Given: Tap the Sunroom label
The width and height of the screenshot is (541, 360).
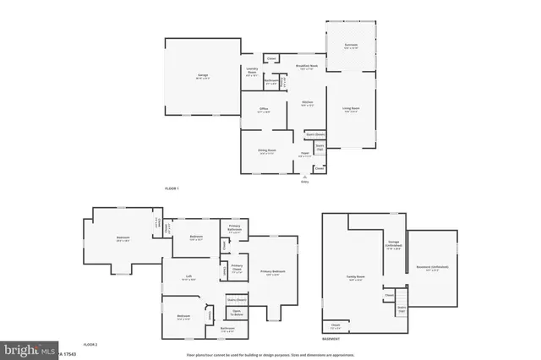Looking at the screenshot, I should [x=351, y=46].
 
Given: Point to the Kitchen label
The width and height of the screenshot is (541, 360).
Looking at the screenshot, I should [x=308, y=104].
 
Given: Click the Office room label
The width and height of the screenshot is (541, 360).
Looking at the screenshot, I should [x=264, y=110].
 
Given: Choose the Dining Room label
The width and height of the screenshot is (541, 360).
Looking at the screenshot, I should [x=267, y=150].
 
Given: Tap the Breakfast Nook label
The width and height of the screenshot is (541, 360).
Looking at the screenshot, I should [x=307, y=67].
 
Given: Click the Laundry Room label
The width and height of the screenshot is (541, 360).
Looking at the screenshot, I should [x=252, y=71].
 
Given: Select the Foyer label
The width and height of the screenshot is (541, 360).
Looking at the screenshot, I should [x=304, y=154].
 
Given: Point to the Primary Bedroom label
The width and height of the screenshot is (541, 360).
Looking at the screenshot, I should [x=273, y=272].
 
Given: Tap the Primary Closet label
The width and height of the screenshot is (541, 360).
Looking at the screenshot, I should [x=237, y=270].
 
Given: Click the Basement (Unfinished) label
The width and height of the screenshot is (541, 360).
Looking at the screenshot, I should [x=432, y=268].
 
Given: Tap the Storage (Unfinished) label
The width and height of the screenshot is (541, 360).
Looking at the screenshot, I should [x=394, y=245].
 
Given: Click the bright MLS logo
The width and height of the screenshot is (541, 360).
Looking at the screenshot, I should [x=26, y=349].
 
